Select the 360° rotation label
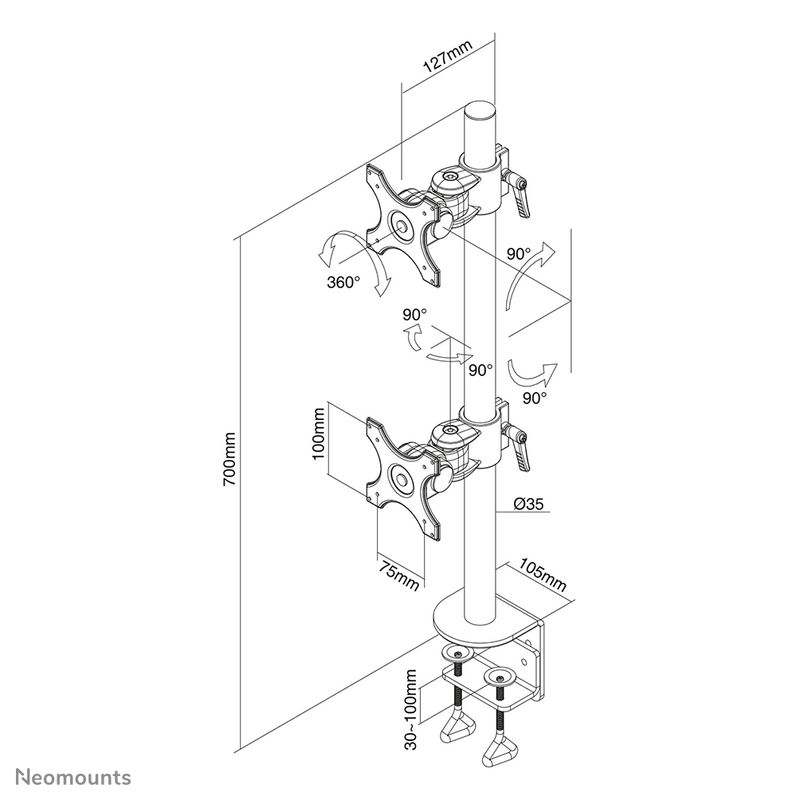pos(343,282)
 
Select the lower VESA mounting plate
pos(403,475)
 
